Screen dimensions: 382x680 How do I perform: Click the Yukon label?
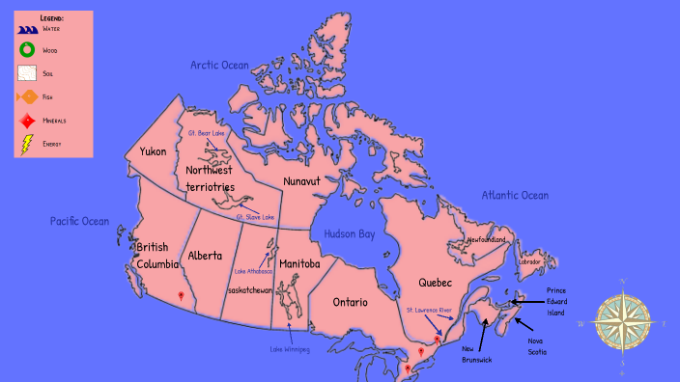click(153, 151)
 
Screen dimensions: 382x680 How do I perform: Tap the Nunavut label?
click(308, 180)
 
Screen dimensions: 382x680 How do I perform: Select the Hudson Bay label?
click(349, 233)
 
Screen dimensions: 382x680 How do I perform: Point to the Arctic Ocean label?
click(219, 65)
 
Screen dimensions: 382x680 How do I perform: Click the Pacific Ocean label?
click(80, 221)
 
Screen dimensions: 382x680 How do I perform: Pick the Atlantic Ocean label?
click(515, 195)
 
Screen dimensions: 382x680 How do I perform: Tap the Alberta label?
click(206, 256)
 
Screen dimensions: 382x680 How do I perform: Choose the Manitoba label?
click(299, 263)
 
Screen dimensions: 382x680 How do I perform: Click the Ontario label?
click(351, 302)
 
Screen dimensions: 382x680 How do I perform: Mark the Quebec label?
click(436, 283)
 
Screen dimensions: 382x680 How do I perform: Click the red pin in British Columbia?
click(180, 296)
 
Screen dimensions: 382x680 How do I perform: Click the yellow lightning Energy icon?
click(27, 144)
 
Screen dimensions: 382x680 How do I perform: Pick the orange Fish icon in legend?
click(27, 96)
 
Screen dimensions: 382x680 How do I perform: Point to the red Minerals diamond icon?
click(27, 121)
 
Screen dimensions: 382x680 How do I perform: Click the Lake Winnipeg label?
click(290, 349)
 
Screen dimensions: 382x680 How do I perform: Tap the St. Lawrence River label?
click(429, 311)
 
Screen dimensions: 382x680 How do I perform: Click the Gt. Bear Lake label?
click(206, 133)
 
